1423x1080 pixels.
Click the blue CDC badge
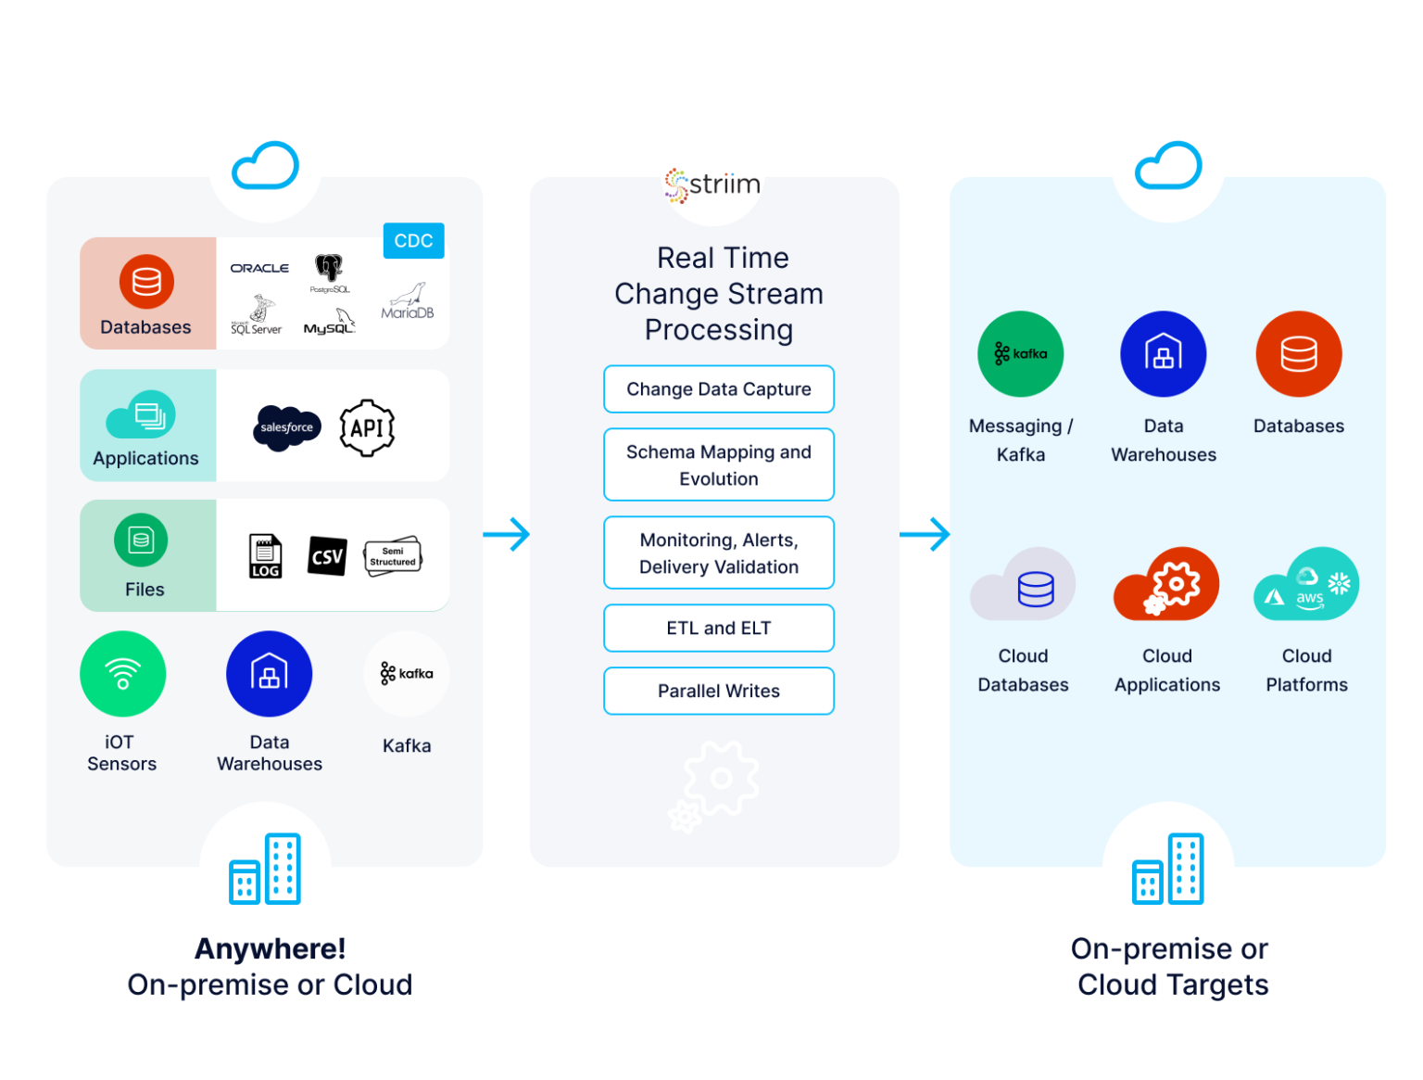[x=413, y=241]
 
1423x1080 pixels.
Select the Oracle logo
[x=259, y=268]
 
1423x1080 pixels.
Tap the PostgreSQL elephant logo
[x=329, y=272]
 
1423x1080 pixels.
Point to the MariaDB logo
[x=407, y=302]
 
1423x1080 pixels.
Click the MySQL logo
[x=330, y=323]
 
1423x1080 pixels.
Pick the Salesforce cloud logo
[x=287, y=427]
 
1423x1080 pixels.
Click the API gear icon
[x=367, y=427]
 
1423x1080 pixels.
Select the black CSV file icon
[x=327, y=556]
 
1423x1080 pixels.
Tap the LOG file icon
[x=265, y=556]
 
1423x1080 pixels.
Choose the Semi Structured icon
[x=393, y=556]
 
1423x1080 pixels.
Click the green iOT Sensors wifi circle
[x=123, y=674]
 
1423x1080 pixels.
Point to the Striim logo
[x=712, y=184]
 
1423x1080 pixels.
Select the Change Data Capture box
[x=719, y=389]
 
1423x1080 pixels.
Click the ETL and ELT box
[x=719, y=629]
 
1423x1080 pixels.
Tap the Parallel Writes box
[x=719, y=692]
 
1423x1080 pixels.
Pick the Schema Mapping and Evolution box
[x=719, y=465]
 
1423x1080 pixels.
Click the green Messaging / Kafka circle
[x=1020, y=354]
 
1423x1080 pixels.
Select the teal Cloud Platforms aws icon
[x=1306, y=585]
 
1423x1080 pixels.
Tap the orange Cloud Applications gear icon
[x=1166, y=585]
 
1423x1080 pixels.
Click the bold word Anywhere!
[x=270, y=948]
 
